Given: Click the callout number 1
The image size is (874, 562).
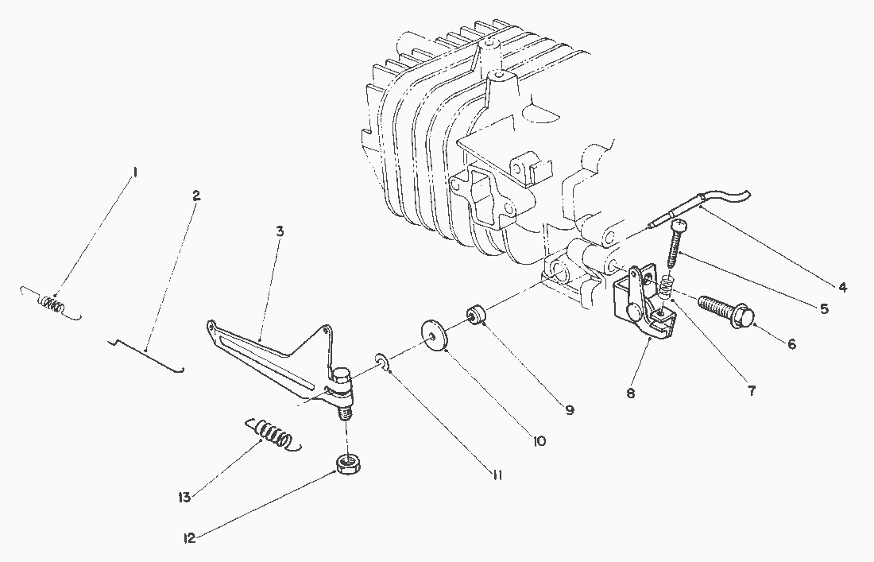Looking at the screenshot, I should coord(136,172).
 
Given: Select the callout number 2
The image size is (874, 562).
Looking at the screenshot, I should coord(196,194).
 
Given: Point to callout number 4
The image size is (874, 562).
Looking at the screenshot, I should coord(841,287).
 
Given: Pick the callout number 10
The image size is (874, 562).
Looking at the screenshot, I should coord(539,440).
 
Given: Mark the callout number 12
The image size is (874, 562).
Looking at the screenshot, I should coord(190,537).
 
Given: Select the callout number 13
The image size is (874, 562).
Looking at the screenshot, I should coord(184,498).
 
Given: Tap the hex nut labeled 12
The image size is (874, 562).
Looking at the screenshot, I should coord(346,463).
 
